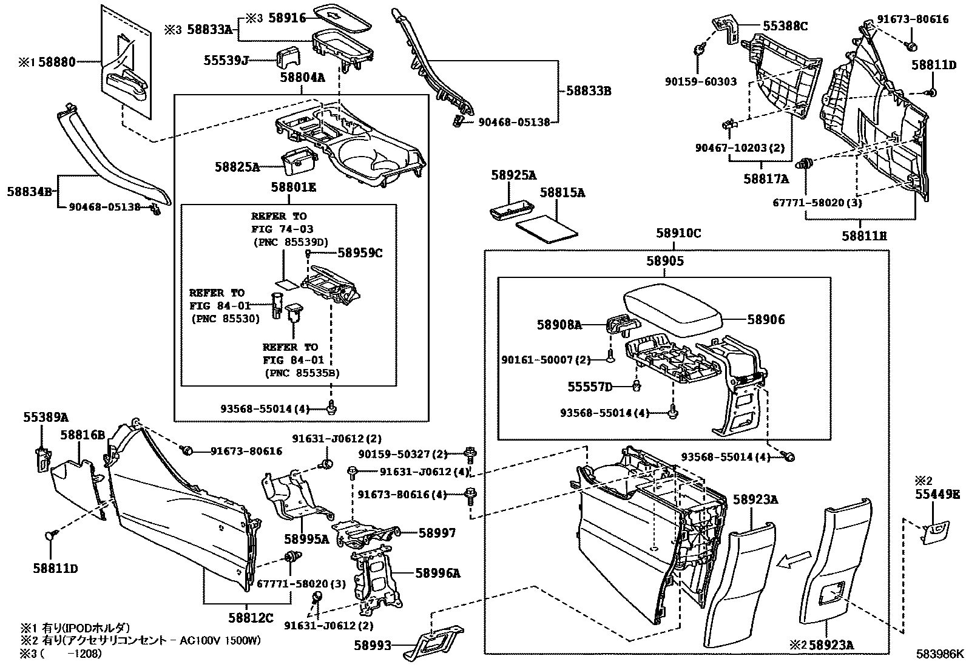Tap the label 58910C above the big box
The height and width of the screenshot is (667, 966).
click(x=678, y=234)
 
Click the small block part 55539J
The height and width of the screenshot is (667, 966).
click(x=287, y=57)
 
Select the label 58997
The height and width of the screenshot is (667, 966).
click(x=437, y=533)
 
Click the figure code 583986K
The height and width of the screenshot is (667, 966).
click(x=940, y=654)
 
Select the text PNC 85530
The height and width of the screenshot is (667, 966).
click(x=225, y=318)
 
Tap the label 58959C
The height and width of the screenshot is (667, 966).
click(x=360, y=253)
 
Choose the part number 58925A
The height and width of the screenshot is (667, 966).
click(x=513, y=176)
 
